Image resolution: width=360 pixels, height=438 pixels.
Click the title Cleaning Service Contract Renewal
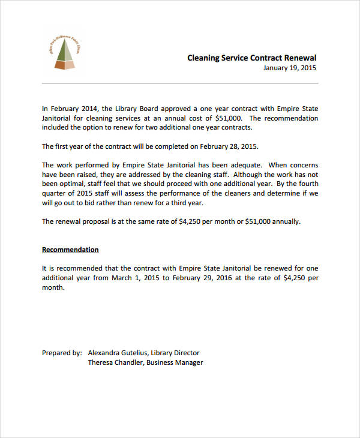251,58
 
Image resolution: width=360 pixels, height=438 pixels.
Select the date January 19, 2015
289,68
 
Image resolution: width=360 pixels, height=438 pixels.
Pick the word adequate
242,165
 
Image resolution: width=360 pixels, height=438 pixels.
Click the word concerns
302,165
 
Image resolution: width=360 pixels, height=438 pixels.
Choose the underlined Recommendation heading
70,250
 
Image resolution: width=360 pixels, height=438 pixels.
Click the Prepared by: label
62,353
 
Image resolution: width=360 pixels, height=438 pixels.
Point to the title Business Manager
175,362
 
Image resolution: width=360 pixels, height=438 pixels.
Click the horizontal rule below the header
180,83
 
